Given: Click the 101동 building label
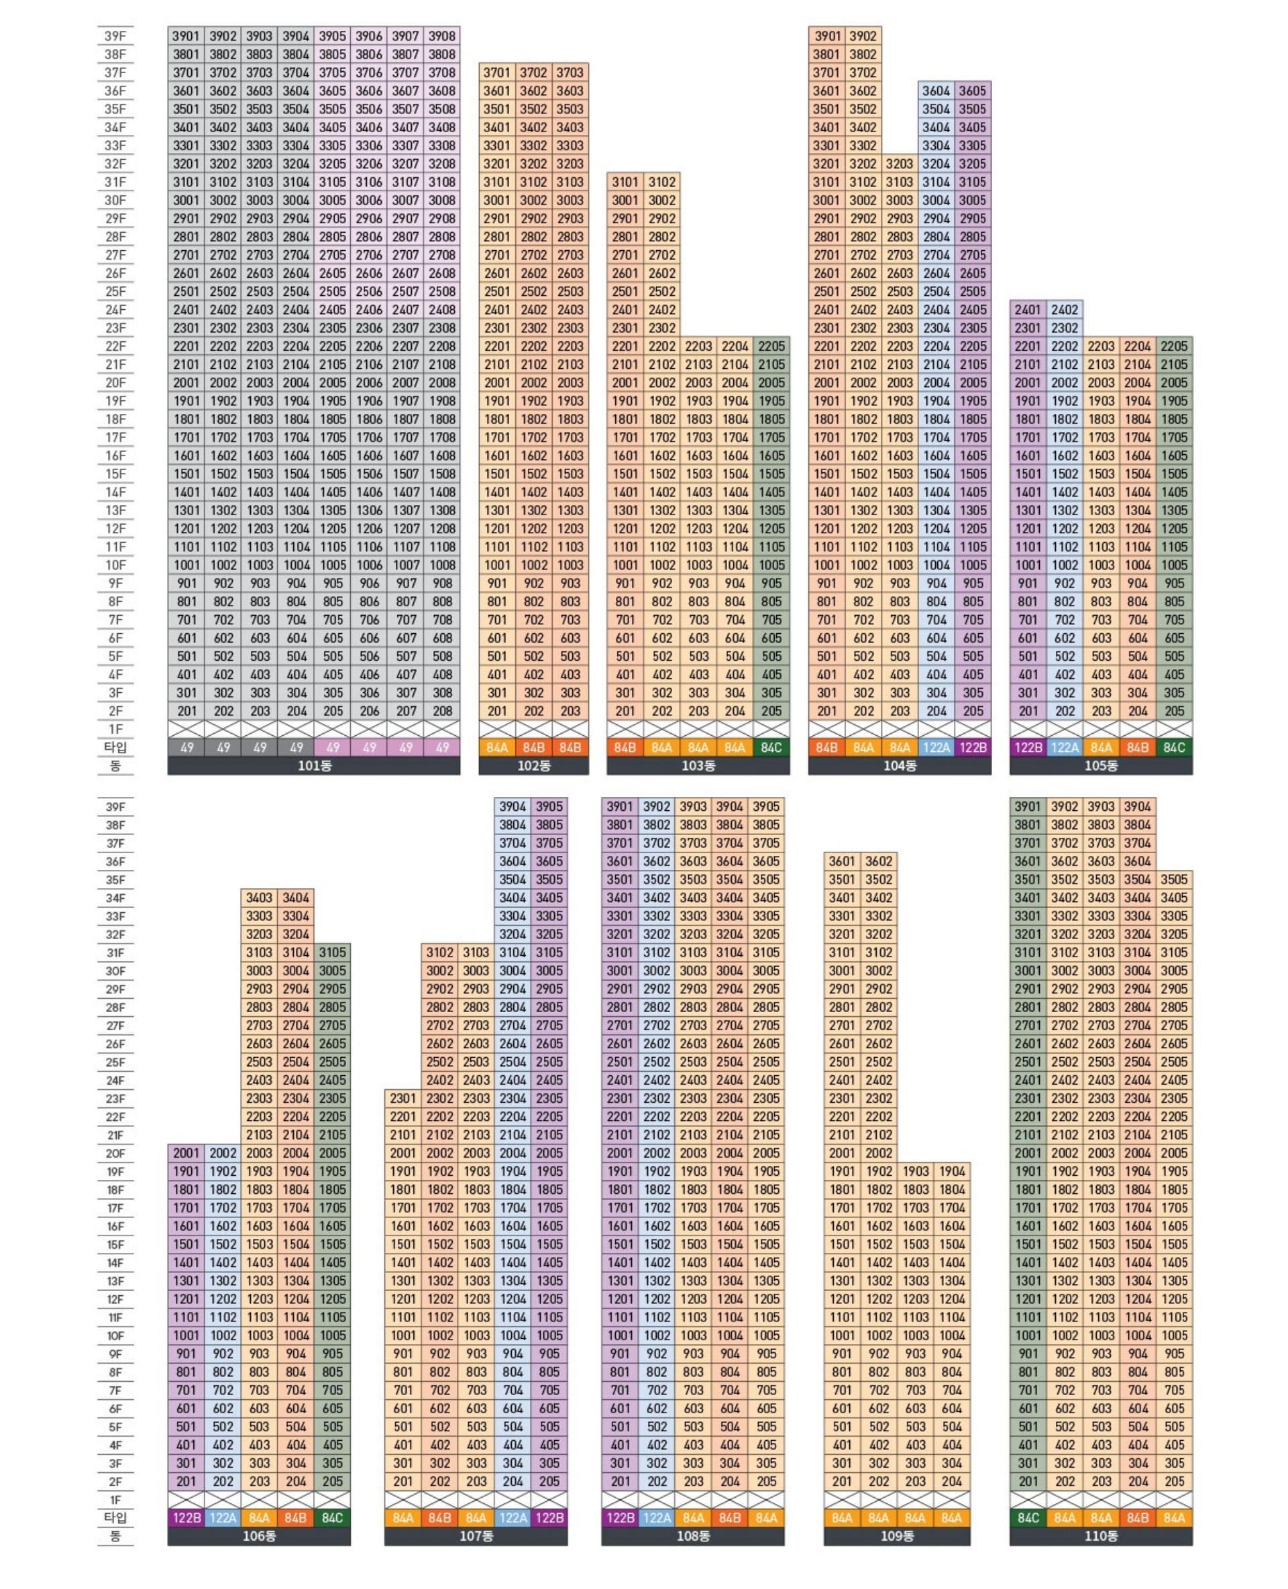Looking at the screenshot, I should coord(314,765).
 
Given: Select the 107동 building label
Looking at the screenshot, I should coord(476,1535).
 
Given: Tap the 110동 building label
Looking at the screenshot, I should coord(1100,1535).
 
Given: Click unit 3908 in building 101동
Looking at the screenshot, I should coord(442,36).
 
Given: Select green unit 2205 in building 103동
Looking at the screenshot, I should coord(771,345).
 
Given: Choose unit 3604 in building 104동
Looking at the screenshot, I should coord(936,91).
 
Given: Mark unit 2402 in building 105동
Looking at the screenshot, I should coord(1065,309).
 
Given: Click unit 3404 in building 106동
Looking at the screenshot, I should coord(296,897).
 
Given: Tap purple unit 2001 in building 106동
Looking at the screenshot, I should coord(186,1153).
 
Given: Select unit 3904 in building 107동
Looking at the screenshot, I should coord(513,806).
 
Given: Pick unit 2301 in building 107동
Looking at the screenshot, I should coord(403,1098).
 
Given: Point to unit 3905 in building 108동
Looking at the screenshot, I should coord(766,806).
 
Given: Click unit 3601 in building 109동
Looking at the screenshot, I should coord(842,861).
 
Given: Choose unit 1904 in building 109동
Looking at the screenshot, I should coord(952,1171).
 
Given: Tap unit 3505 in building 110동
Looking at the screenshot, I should coord(1174,879).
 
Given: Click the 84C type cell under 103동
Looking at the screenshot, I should coord(771,748).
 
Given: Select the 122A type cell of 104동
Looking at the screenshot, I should coord(936,748).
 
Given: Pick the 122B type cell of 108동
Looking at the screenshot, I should coord(621,1518).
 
